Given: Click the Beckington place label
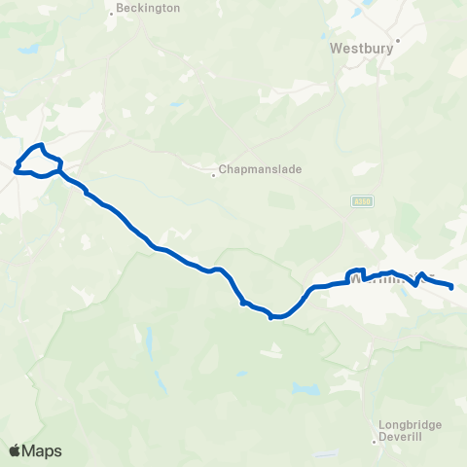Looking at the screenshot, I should (x=148, y=8).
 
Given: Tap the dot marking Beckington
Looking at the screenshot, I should (x=112, y=15).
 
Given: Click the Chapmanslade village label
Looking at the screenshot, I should (x=261, y=168).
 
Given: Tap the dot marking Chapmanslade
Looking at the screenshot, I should (x=215, y=175).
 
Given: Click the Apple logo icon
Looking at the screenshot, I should (x=15, y=450).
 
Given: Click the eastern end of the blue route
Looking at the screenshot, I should (x=452, y=286).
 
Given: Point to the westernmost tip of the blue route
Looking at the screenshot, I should (x=15, y=170).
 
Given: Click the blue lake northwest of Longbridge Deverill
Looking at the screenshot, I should (x=306, y=388).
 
